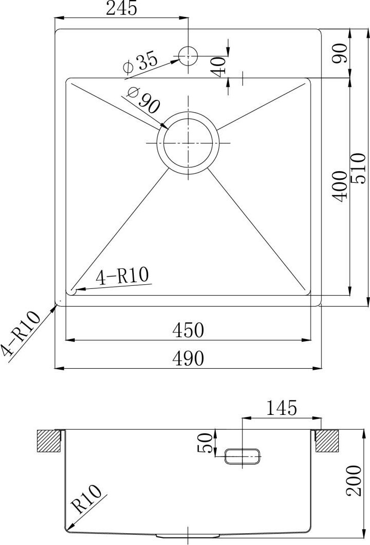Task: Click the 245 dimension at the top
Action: [x=121, y=9]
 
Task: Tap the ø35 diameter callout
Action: [x=140, y=63]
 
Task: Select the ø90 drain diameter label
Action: [x=143, y=100]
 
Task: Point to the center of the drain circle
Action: [x=188, y=142]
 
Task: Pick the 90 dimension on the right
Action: [x=340, y=53]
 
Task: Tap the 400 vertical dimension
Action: [x=340, y=186]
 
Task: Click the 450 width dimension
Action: [x=188, y=330]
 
